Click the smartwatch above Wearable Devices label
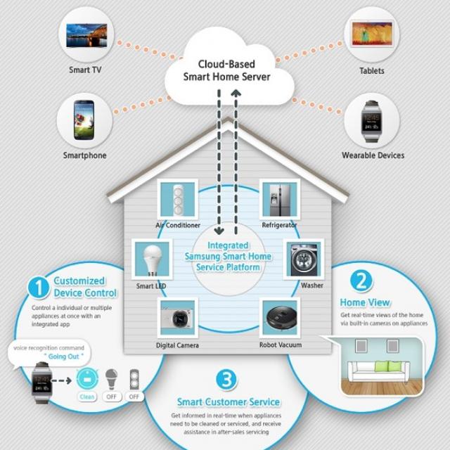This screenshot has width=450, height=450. coord(372,120)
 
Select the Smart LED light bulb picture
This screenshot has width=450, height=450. coord(150,259)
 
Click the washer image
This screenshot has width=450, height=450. coord(303,259)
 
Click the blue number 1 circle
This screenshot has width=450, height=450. coord(39,287)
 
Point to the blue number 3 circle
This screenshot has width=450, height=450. coord(226,380)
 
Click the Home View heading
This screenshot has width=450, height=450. coord(365,302)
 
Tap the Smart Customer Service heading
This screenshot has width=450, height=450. coord(229,402)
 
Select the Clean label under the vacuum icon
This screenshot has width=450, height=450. coord(86,397)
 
